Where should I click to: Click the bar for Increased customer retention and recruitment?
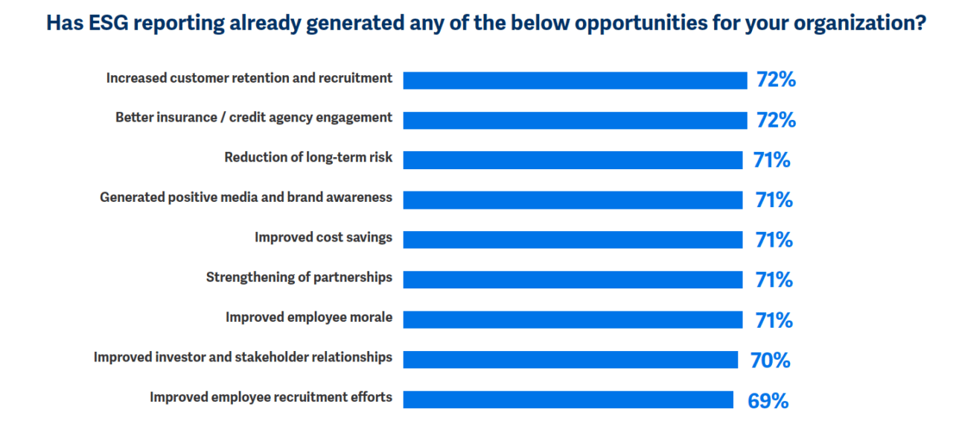575,80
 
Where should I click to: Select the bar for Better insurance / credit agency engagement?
575,120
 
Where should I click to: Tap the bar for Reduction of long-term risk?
573,160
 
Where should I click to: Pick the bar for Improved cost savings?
573,240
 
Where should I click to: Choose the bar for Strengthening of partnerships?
573,279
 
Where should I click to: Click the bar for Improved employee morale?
573,320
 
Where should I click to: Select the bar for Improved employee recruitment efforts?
568,399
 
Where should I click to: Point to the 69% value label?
768,401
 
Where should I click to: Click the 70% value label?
770,361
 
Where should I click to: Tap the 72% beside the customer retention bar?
776,80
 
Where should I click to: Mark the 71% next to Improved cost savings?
772,240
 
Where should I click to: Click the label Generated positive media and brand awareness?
246,197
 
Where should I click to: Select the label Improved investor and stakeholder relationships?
243,357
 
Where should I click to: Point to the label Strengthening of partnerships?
299,277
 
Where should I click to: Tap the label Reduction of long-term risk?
308,157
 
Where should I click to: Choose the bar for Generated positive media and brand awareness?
573,200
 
